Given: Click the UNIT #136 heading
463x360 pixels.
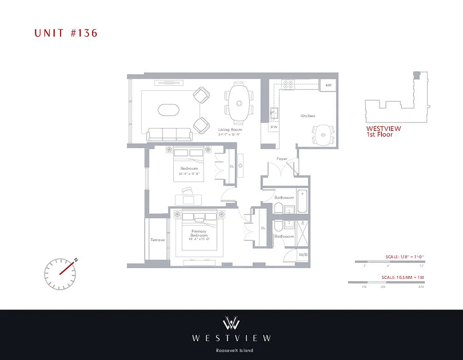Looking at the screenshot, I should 66,33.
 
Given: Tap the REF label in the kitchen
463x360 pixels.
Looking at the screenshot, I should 328,85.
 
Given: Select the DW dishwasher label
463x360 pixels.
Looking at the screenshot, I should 274,127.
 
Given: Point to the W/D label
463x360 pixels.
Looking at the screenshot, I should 303,255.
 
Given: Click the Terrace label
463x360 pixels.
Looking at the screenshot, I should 157,240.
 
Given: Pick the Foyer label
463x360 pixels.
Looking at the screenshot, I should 282,159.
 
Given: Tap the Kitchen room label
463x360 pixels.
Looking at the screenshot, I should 308,116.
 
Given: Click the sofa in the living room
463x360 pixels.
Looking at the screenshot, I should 170,134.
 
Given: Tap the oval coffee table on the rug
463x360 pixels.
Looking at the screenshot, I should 168,109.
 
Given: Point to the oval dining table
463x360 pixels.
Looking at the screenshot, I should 238,103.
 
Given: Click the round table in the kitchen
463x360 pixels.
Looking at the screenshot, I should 322,134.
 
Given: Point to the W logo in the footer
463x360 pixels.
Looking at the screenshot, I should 231,323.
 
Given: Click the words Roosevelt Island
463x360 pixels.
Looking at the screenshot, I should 231,351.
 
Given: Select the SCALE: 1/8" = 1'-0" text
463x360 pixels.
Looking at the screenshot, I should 405,256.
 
